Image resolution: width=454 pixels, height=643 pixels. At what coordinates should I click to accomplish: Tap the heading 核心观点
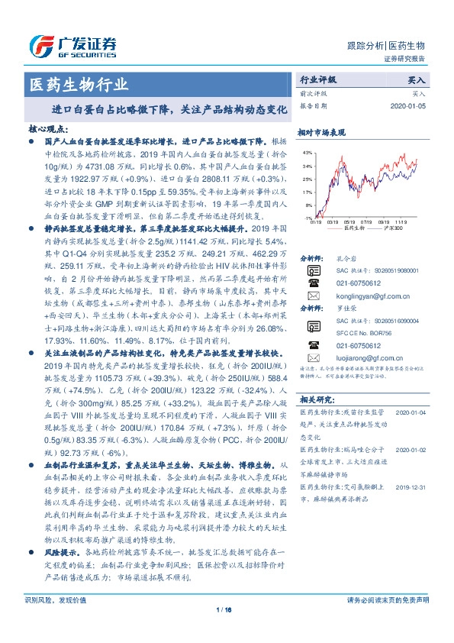click(x=48, y=131)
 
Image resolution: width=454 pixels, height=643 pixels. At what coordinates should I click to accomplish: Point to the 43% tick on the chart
click(x=306, y=151)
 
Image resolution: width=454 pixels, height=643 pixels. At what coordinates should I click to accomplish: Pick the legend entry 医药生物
click(x=350, y=228)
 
